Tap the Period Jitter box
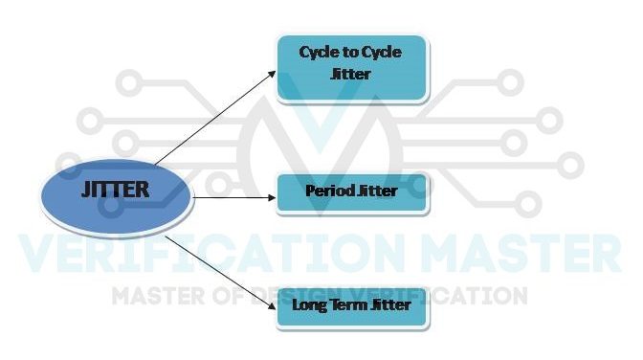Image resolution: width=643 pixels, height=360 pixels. [351, 191]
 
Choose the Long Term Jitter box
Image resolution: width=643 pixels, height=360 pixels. [351, 306]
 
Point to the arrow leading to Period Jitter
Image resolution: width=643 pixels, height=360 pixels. [234, 196]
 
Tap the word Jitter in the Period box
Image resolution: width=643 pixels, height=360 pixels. [375, 191]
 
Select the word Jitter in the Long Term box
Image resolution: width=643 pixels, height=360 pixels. [392, 304]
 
